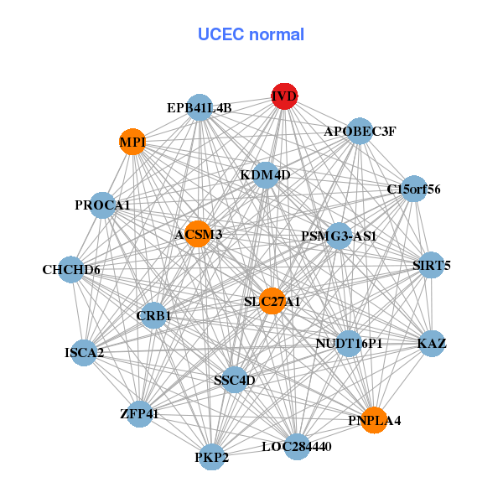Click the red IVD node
pos(284,96)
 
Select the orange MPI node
pos(132,142)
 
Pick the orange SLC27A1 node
pos(272,301)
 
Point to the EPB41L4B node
pos(199,107)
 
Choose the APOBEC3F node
pos(359,131)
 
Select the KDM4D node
pos(265,174)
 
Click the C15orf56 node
pos(412,189)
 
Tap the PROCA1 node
pos(102,205)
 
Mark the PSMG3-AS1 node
pos(339,236)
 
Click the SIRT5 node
pos(432,266)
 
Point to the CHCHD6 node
pos(71,270)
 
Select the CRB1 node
pos(154,315)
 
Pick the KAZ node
pos(431,344)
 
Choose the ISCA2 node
pos(84,352)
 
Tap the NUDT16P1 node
pos(350,343)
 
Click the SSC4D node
pos(234,381)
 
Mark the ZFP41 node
pos(140,413)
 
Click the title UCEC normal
pos(251,34)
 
